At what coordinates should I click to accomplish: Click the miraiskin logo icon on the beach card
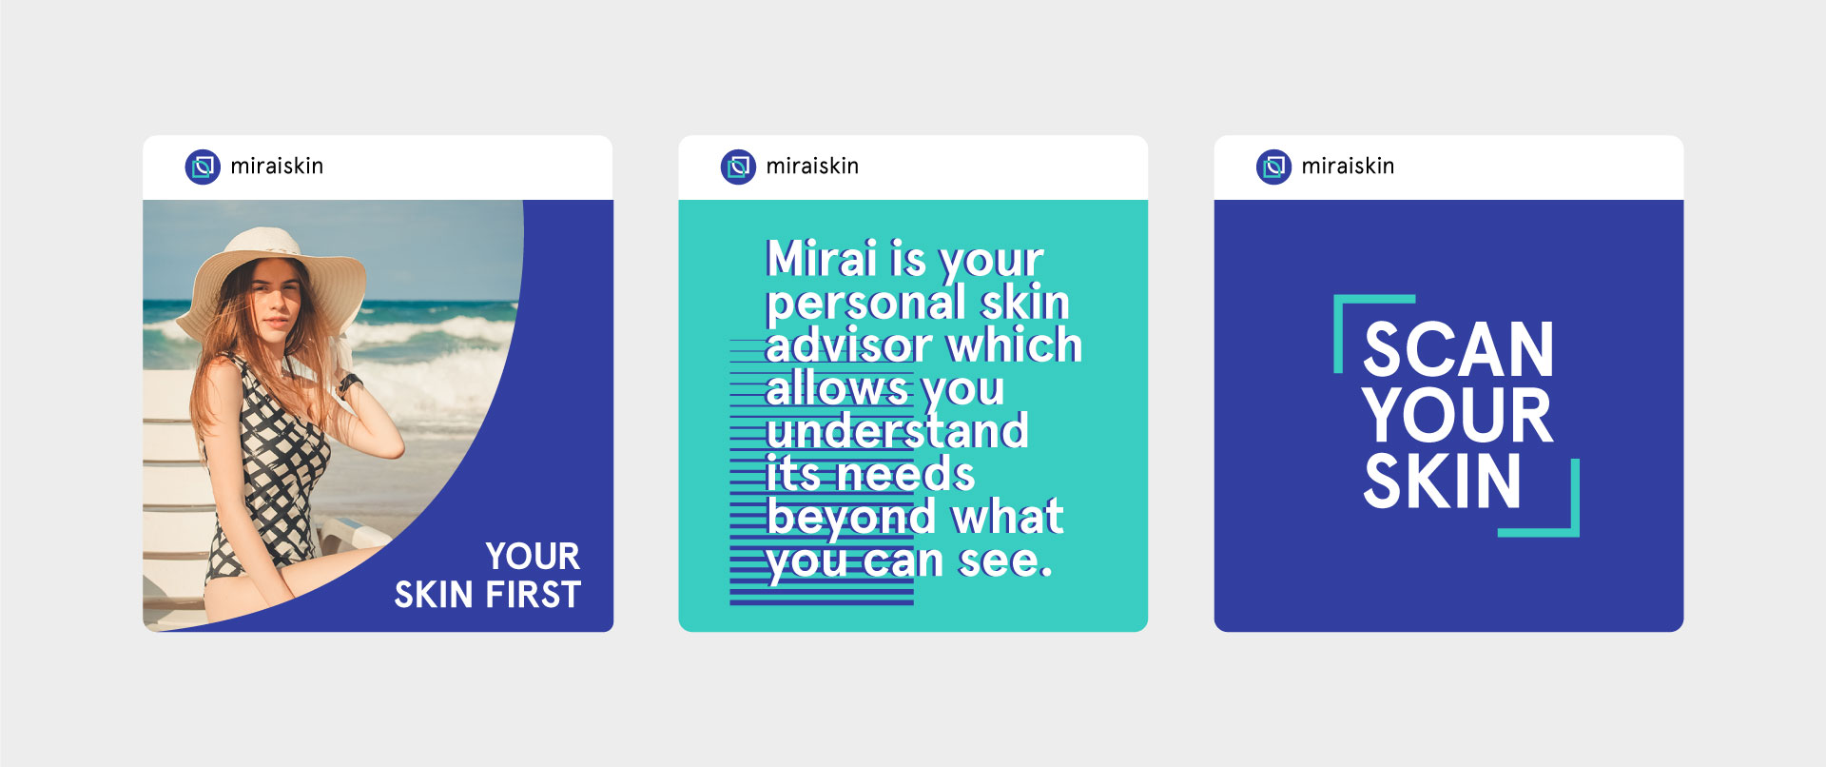(x=203, y=167)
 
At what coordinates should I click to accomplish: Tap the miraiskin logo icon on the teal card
(x=738, y=167)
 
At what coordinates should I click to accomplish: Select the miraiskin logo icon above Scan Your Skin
(x=1273, y=167)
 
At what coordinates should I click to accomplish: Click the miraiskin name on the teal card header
(x=812, y=167)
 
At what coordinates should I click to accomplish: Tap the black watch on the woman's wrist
(x=349, y=384)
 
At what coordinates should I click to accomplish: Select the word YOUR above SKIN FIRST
(x=533, y=556)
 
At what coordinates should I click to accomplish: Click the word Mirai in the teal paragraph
(x=822, y=258)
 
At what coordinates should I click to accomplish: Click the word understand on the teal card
(x=897, y=430)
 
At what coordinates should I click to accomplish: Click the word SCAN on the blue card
(x=1459, y=350)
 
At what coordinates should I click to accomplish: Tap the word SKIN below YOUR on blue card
(x=1443, y=481)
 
